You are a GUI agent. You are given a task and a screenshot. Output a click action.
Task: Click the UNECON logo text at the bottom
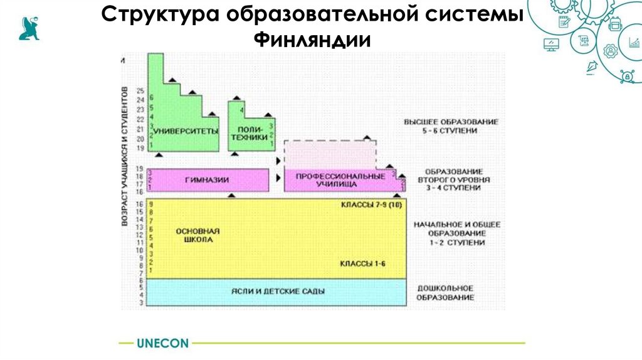click(162, 343)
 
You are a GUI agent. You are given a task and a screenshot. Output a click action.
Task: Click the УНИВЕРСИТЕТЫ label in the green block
click(186, 131)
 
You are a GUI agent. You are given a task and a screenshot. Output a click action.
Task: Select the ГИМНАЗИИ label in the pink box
click(207, 179)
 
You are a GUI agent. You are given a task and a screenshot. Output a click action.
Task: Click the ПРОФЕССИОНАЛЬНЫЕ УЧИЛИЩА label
click(340, 180)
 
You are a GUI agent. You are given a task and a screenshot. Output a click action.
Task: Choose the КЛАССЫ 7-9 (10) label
click(371, 206)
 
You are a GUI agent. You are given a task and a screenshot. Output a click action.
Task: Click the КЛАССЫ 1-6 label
click(363, 264)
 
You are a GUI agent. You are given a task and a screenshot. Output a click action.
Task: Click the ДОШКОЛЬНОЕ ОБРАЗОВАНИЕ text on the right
click(445, 293)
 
